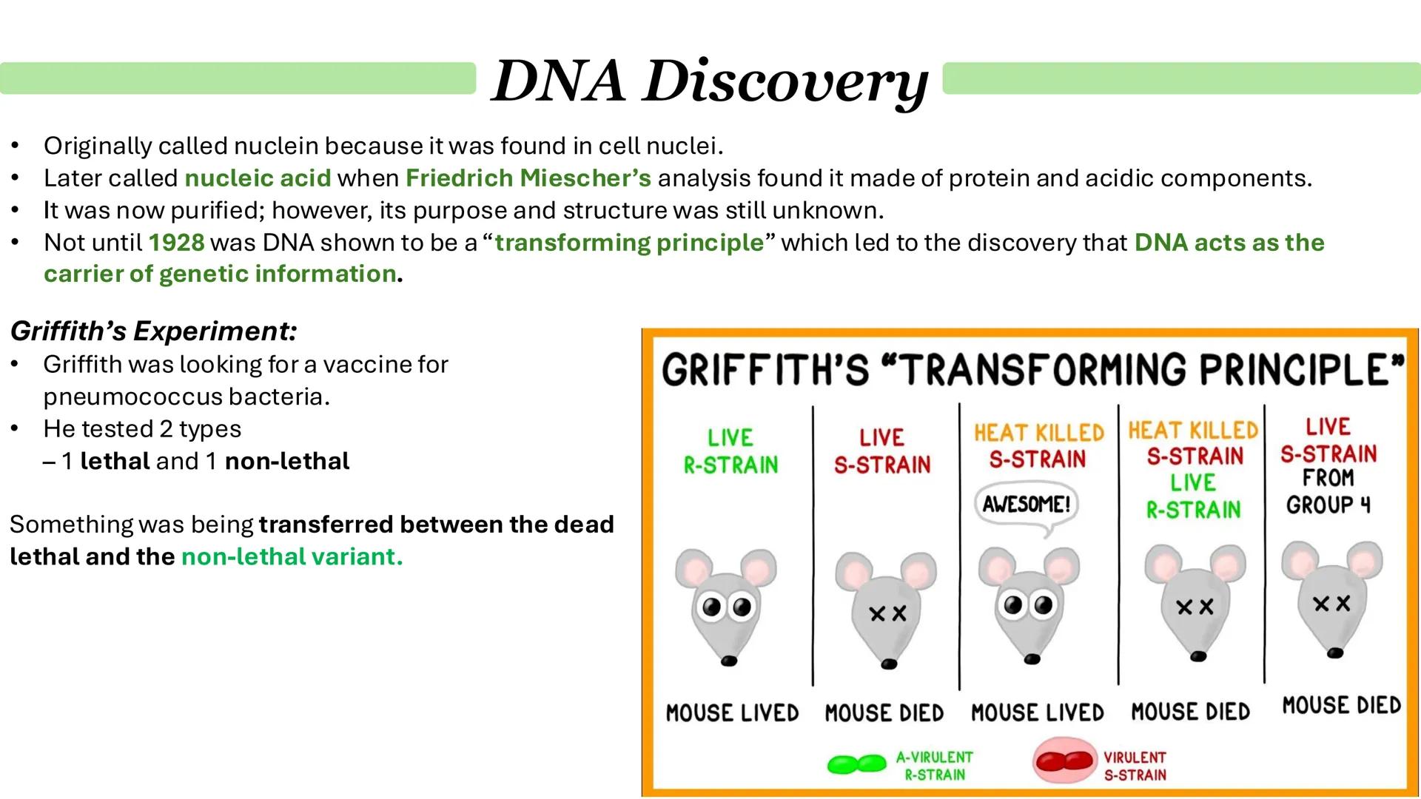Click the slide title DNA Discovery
[709, 81]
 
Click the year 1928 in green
[176, 243]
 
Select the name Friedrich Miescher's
[528, 178]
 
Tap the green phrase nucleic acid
[258, 178]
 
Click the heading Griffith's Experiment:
[153, 331]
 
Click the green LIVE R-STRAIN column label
[730, 451]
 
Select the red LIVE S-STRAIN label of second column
[881, 451]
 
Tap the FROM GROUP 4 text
[1328, 491]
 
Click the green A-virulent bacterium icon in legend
[856, 764]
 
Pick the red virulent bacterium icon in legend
[1064, 761]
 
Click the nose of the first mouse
[729, 661]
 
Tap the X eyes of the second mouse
[887, 613]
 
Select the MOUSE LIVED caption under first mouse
[732, 712]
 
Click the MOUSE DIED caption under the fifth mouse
[1341, 705]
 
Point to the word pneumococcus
[133, 397]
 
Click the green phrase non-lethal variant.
[292, 556]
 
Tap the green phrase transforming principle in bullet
[629, 243]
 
